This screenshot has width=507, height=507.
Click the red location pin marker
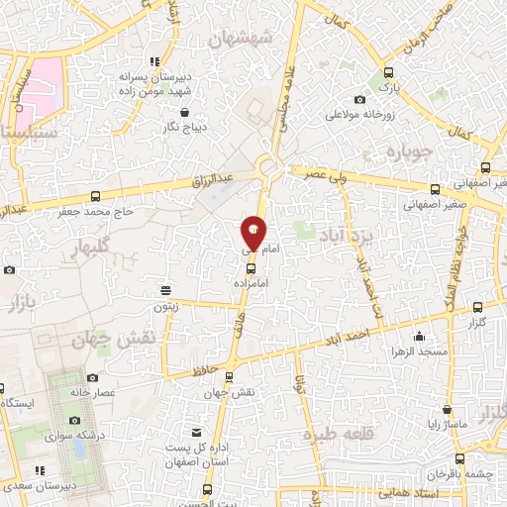click(x=253, y=232)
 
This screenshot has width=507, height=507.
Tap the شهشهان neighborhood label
click(x=242, y=42)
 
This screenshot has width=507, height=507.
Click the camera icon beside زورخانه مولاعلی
click(x=358, y=98)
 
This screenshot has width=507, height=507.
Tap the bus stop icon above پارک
click(x=388, y=72)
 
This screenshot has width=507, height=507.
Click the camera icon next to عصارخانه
click(x=92, y=377)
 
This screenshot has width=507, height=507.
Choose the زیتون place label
click(x=163, y=307)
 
